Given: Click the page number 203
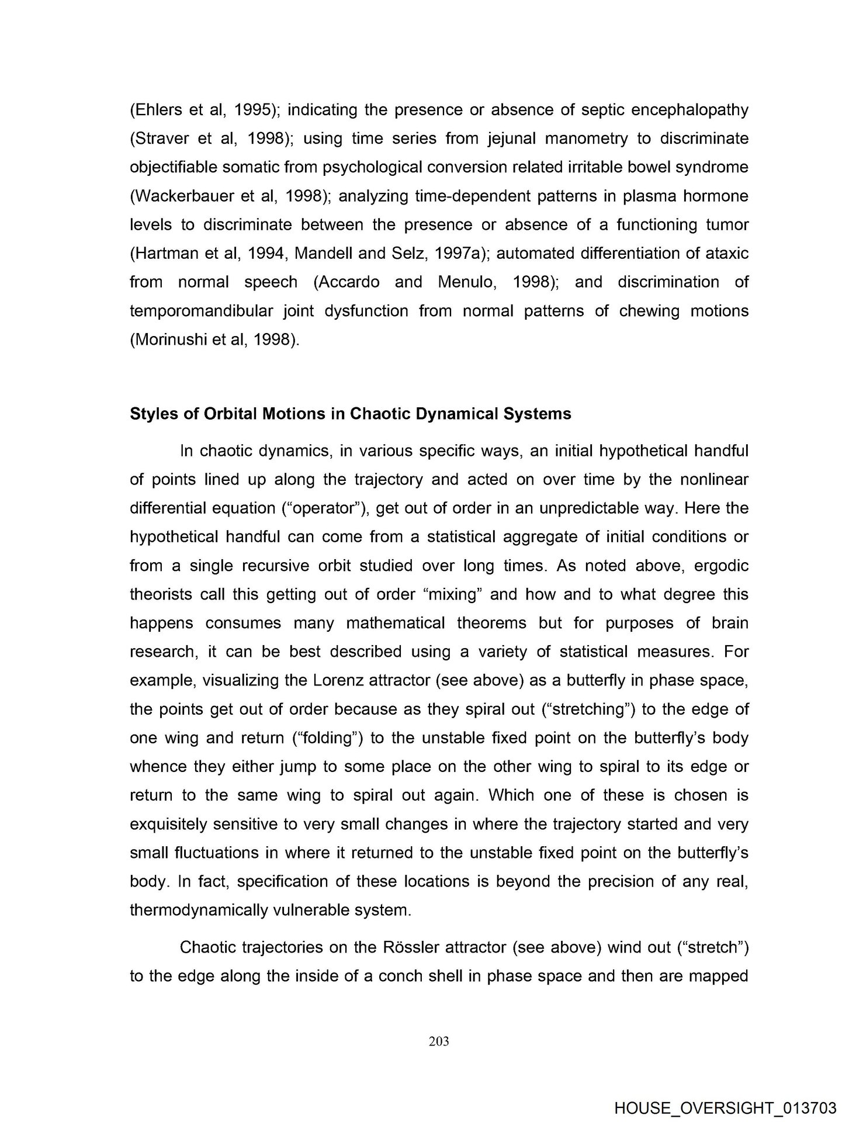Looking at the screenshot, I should click(438, 1041).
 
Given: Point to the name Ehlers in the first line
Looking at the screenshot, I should click(158, 110).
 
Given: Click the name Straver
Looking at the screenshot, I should click(161, 138).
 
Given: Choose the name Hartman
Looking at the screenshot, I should click(167, 253).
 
